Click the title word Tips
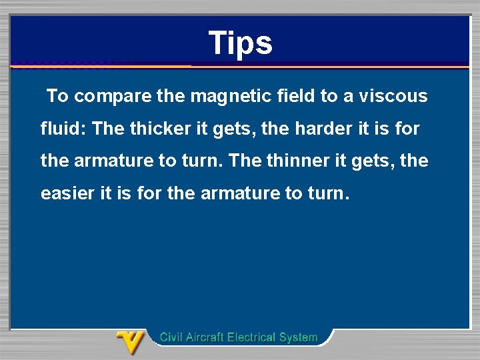click(x=240, y=43)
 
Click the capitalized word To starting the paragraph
click(x=58, y=96)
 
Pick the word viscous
click(x=393, y=96)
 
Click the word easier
click(x=67, y=194)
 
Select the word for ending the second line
click(x=407, y=129)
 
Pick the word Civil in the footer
click(x=172, y=337)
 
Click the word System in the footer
click(x=299, y=337)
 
